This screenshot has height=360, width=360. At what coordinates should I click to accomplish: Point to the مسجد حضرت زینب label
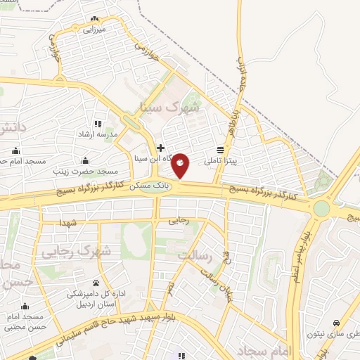pos(86,171)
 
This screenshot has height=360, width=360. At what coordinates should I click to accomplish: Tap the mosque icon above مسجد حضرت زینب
pos(86,160)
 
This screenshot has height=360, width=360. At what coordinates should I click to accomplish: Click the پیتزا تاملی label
pos(221,161)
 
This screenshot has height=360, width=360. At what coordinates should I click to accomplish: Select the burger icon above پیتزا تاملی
pos(221,150)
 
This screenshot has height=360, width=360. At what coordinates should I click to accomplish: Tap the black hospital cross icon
pos(161,148)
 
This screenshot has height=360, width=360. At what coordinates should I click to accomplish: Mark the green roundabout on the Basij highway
pos(321,209)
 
